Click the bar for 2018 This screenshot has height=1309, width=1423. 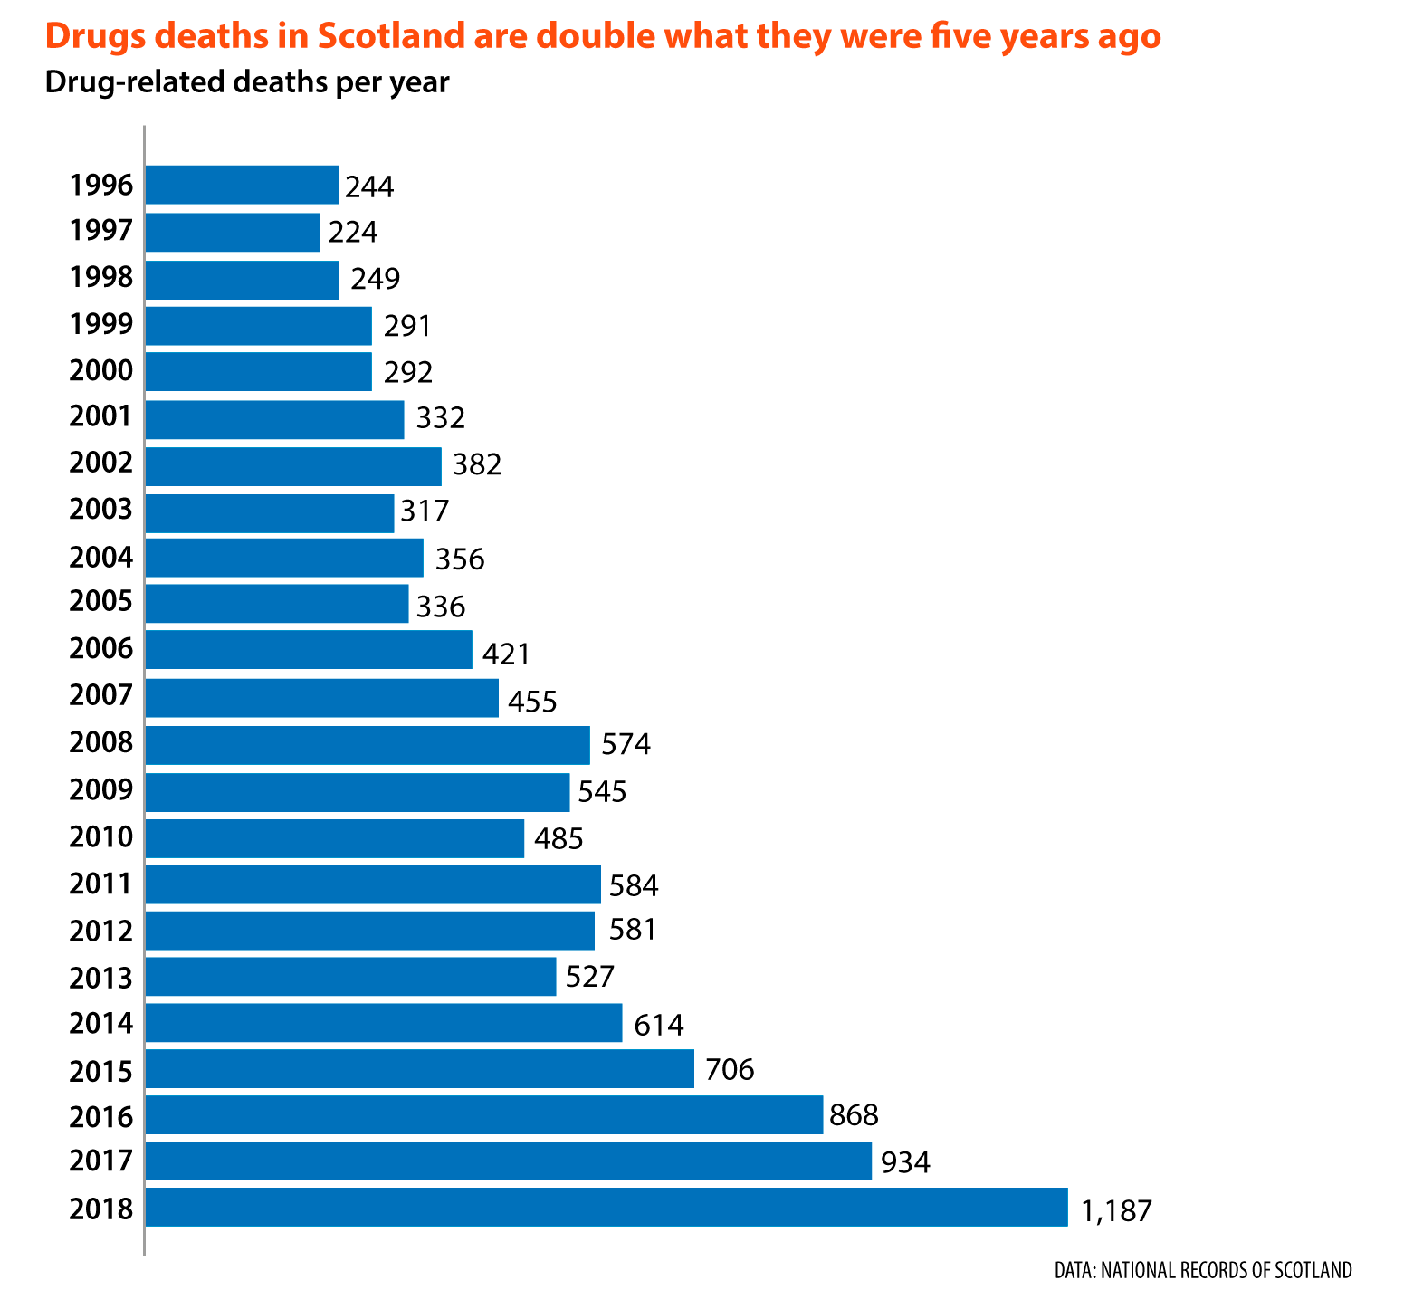click(606, 1207)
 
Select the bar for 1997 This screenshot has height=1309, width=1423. click(233, 232)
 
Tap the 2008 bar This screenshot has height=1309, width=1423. click(368, 745)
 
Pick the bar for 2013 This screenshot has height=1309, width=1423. click(350, 977)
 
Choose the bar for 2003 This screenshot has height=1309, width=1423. click(270, 513)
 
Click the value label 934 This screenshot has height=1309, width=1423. click(906, 1162)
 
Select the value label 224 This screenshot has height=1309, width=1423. click(353, 233)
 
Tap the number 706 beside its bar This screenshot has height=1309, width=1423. click(730, 1070)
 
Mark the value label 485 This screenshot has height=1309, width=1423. click(559, 838)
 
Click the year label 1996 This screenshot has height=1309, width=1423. click(101, 186)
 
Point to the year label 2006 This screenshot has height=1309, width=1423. click(101, 649)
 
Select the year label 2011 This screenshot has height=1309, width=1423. click(101, 884)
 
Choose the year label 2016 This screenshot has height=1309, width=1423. click(101, 1116)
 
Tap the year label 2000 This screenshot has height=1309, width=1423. click(101, 370)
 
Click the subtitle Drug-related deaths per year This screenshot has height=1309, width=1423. click(247, 83)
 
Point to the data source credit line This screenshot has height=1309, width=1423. click(1203, 1270)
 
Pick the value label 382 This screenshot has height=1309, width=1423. click(476, 465)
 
